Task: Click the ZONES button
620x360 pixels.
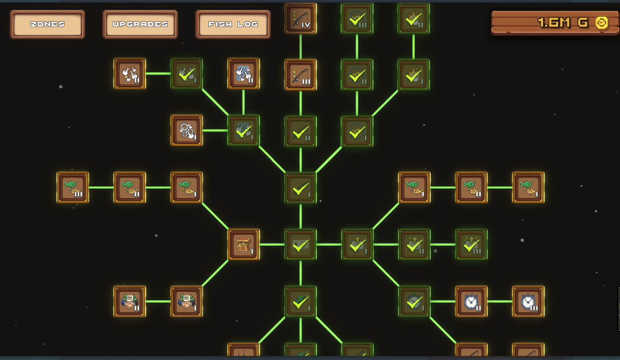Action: (x=47, y=25)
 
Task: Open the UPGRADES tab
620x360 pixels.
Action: (x=140, y=25)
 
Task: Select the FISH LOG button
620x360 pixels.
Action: (x=233, y=25)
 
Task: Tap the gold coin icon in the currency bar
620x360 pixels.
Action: (x=602, y=23)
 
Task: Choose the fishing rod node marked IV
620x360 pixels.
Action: (x=301, y=18)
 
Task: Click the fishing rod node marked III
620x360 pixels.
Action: (x=301, y=74)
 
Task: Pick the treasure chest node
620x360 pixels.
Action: (x=244, y=244)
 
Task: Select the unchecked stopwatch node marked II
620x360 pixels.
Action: (x=471, y=301)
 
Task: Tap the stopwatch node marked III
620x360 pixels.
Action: (x=528, y=301)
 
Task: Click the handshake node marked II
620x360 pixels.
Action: (x=129, y=301)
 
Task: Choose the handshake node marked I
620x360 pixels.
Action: (x=187, y=301)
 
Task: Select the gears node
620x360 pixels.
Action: (x=187, y=130)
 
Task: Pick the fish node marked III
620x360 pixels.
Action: (x=73, y=187)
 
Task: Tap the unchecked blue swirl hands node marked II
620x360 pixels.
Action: (x=244, y=73)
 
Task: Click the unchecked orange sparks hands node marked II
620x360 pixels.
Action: (x=129, y=73)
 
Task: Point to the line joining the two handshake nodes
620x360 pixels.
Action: (x=158, y=301)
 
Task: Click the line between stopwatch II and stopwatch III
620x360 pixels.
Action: (x=500, y=301)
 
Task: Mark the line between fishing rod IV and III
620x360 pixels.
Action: (x=301, y=46)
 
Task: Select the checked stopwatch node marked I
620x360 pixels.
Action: (x=415, y=301)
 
